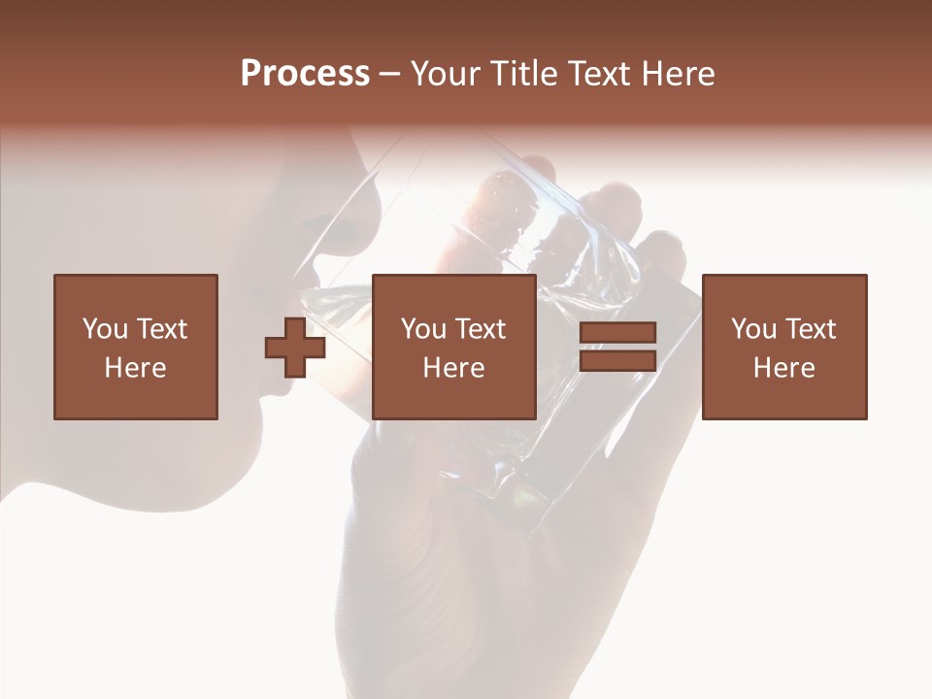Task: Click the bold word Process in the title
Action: [305, 74]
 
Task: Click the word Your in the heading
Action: [446, 74]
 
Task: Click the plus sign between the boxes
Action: [295, 348]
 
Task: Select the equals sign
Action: [617, 348]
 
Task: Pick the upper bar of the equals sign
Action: [617, 333]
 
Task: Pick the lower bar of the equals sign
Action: [617, 361]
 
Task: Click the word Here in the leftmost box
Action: [135, 368]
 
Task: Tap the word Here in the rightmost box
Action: [783, 368]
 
